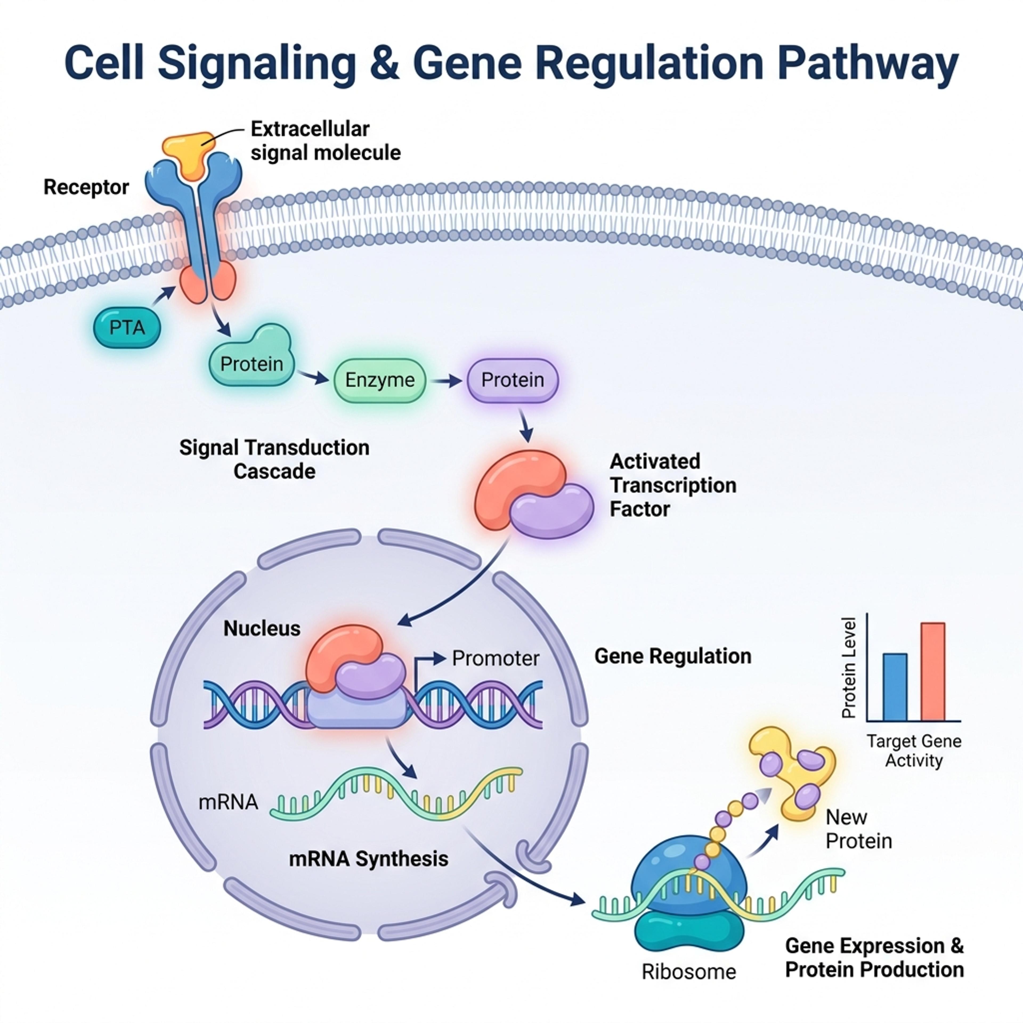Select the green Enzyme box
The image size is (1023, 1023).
click(380, 380)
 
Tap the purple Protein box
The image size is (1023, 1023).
click(513, 380)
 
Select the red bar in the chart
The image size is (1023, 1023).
click(932, 671)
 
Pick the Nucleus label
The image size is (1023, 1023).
click(262, 628)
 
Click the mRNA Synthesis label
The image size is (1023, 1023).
click(368, 859)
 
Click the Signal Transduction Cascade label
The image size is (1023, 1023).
click(274, 459)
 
